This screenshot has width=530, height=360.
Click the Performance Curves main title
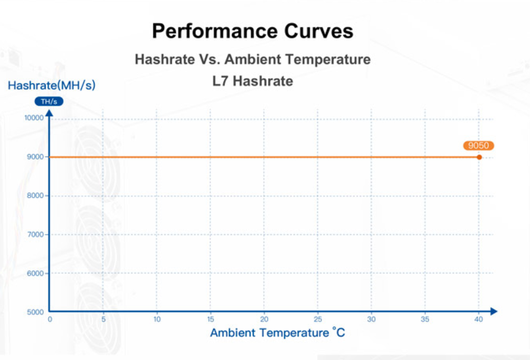tap(253, 31)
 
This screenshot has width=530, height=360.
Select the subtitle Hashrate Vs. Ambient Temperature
tap(253, 59)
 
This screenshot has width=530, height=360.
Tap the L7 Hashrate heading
tap(253, 81)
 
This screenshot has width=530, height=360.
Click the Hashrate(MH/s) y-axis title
tap(51, 85)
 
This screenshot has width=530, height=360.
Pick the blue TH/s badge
tap(49, 101)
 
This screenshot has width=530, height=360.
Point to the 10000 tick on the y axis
tap(34, 118)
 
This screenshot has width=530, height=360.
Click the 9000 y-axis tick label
tap(35, 156)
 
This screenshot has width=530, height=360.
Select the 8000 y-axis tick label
tap(35, 195)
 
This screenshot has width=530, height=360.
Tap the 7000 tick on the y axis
tap(35, 234)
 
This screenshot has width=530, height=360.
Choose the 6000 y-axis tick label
tap(35, 273)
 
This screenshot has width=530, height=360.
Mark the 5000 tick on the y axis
tap(35, 312)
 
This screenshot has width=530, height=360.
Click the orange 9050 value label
tap(479, 146)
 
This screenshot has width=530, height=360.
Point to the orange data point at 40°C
tap(479, 157)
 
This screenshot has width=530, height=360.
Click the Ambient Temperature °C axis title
tap(277, 333)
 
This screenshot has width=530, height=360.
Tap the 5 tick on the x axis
tap(103, 319)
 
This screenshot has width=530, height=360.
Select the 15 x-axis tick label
tap(211, 319)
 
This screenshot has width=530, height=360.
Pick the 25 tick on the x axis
tap(318, 319)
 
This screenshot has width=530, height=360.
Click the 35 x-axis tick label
tap(425, 319)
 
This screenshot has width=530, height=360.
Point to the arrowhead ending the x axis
tap(493, 312)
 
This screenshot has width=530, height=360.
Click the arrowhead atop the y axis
tap(49, 114)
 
